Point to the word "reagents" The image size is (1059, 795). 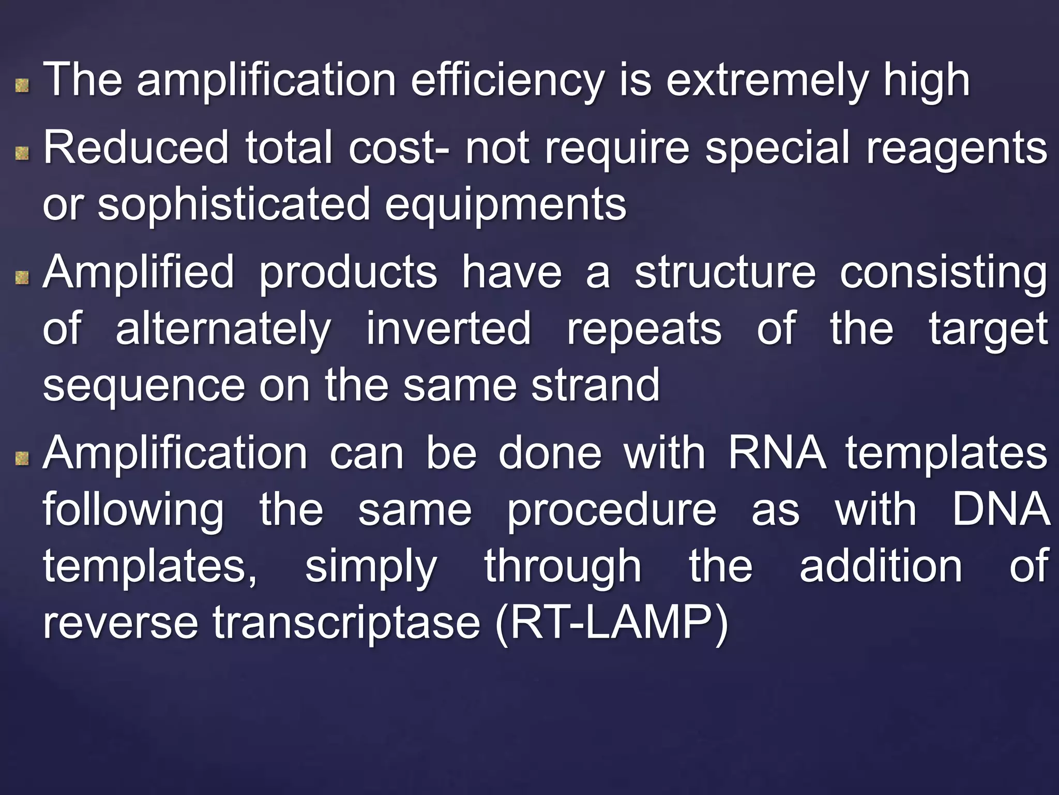click(957, 149)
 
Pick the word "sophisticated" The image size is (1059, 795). click(234, 204)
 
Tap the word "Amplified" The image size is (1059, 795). click(138, 272)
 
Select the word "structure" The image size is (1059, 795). click(725, 272)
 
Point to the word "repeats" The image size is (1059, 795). click(644, 329)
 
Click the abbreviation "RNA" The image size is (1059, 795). click(777, 453)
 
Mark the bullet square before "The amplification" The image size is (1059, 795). click(22, 85)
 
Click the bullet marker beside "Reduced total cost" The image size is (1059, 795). click(22, 153)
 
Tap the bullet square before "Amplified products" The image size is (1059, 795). click(22, 278)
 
